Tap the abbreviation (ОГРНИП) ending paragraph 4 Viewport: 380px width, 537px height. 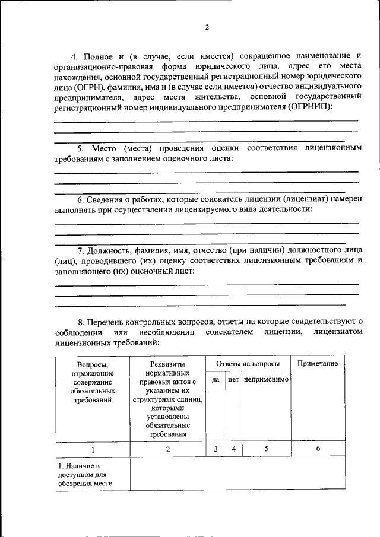[x=310, y=106]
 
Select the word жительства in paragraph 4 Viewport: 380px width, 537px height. [x=220, y=97]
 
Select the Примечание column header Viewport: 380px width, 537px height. [x=318, y=363]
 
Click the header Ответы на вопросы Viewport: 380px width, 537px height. [x=248, y=363]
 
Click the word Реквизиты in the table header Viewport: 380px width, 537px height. [x=168, y=364]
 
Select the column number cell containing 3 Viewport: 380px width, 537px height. [x=216, y=449]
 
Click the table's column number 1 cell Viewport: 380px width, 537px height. [x=93, y=449]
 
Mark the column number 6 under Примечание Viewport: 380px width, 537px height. [x=318, y=449]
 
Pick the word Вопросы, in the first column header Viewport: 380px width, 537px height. [x=93, y=364]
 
